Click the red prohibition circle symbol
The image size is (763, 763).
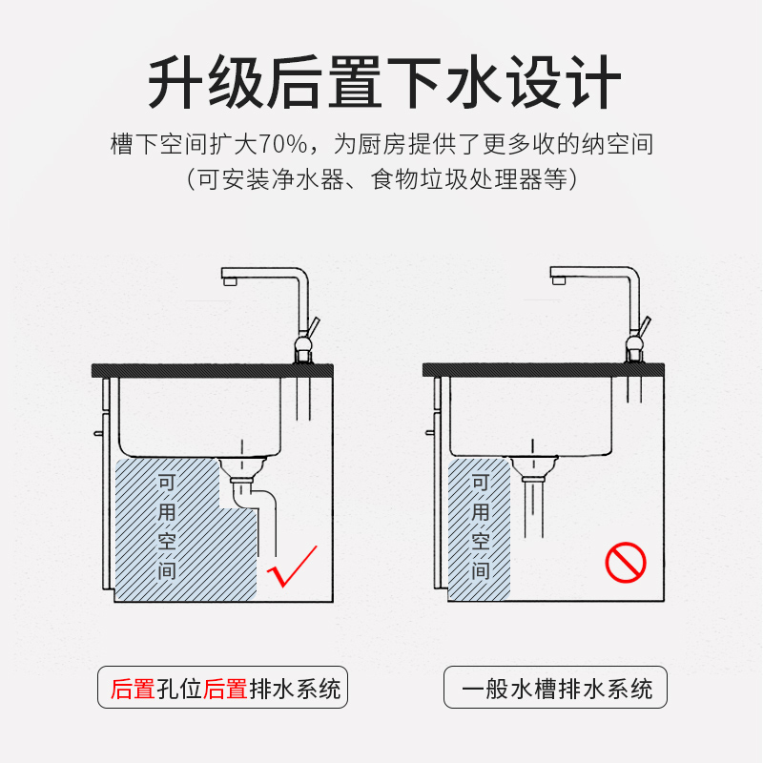coord(626,563)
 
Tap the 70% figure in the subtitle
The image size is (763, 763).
coord(282,144)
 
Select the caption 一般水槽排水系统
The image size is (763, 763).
coord(557,689)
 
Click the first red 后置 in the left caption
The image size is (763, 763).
coord(133,689)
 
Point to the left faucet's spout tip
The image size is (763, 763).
coord(230,281)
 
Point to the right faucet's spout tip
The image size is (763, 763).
coord(559,280)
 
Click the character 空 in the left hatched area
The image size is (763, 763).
coord(167,541)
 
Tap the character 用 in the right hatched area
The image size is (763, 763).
coord(481,511)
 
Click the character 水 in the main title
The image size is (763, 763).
coord(474,82)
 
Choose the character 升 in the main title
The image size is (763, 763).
coord(175,82)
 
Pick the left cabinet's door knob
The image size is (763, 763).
coord(98,433)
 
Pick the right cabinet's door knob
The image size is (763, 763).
coord(430,432)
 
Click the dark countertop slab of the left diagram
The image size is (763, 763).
coord(213,370)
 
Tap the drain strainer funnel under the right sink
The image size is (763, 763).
coord(533,468)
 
